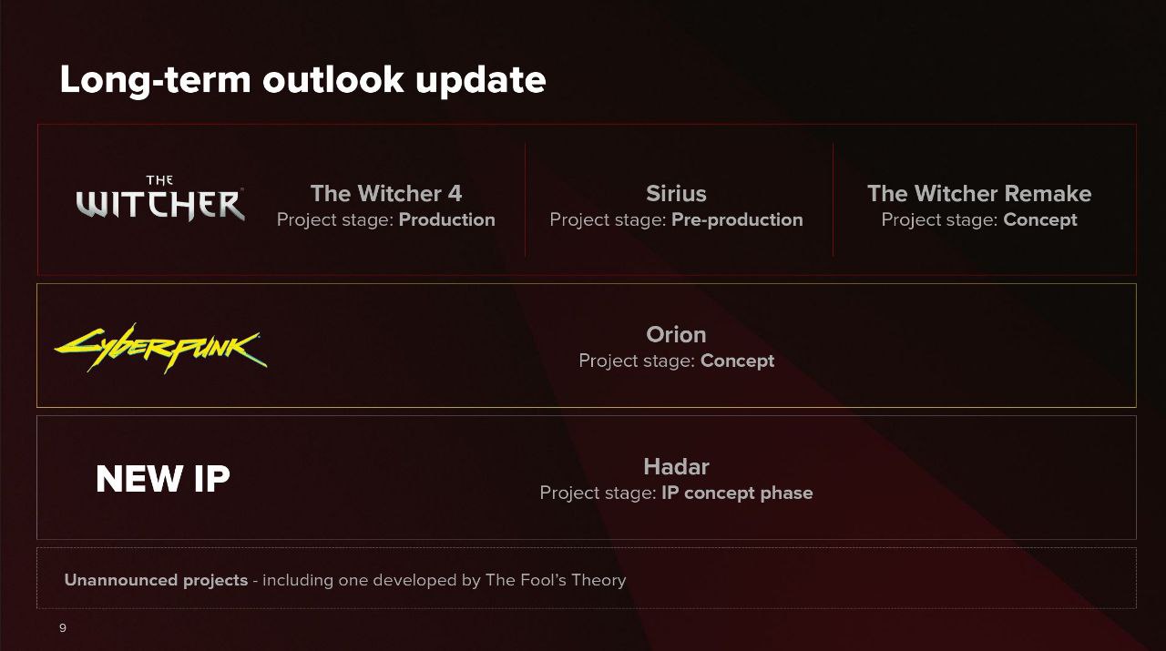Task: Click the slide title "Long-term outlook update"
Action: click(302, 79)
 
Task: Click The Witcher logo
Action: click(160, 198)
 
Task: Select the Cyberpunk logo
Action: click(161, 348)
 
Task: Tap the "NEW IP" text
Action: click(163, 479)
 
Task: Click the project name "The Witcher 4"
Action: click(385, 194)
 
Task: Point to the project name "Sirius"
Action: click(676, 194)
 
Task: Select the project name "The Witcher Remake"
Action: click(979, 194)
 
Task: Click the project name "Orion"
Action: click(676, 335)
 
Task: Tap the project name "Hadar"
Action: click(676, 467)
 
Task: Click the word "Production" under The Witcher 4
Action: click(446, 219)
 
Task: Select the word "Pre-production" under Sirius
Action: click(737, 220)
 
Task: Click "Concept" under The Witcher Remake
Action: click(1040, 220)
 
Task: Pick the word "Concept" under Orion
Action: click(737, 361)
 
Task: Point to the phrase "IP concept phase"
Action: click(737, 493)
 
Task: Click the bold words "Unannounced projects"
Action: click(156, 580)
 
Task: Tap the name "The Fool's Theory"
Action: click(556, 580)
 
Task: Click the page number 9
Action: click(63, 628)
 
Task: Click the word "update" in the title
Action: click(480, 81)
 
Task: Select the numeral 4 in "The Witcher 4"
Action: click(455, 194)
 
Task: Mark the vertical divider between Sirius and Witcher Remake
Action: click(833, 199)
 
